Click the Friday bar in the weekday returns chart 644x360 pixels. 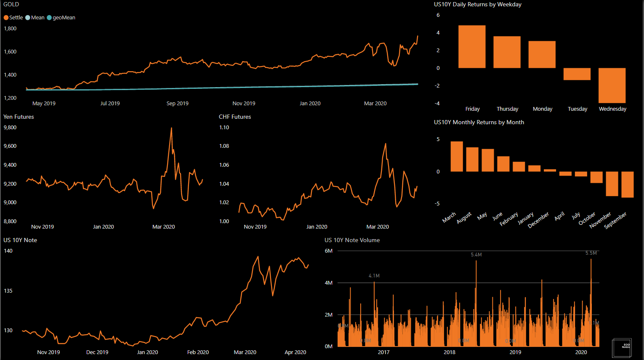click(472, 46)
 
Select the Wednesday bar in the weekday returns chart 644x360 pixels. click(612, 85)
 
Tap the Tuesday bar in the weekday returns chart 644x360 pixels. click(577, 74)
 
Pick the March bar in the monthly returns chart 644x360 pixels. click(457, 156)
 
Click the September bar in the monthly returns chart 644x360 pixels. click(627, 184)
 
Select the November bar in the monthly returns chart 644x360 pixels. click(612, 184)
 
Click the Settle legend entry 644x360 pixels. click(13, 18)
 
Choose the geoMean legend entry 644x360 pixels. click(61, 18)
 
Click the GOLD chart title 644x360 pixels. click(11, 4)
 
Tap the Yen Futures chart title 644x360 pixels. click(19, 117)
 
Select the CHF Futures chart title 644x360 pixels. click(235, 117)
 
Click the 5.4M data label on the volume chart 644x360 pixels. click(476, 255)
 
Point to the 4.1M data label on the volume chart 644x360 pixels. click(374, 276)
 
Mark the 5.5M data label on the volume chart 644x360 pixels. click(591, 253)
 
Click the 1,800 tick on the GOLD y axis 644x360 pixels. click(10, 29)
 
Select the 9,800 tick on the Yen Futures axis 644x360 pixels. click(10, 128)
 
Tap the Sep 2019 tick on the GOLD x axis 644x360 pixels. click(177, 104)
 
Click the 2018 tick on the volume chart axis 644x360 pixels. click(450, 352)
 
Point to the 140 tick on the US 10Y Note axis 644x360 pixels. click(8, 251)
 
